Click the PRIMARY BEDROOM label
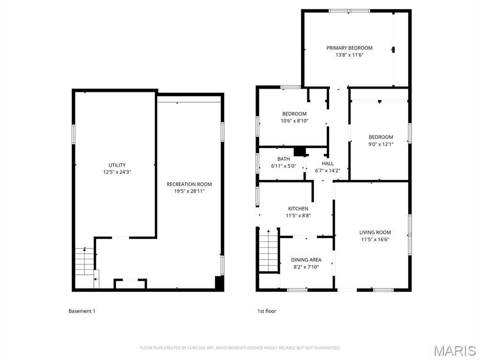point(349,48)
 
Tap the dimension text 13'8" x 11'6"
point(349,55)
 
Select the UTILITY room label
point(117,165)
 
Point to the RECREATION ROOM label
point(189,184)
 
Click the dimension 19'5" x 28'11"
point(189,191)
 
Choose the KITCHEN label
point(298,209)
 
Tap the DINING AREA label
point(306,260)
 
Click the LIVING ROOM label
point(375,232)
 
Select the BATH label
point(284,159)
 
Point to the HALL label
point(328,164)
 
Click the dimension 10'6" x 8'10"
point(294,121)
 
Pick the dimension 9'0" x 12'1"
point(380,144)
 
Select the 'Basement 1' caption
point(82,311)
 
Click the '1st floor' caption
point(267,311)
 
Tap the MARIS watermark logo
point(454,351)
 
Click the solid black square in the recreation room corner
point(219,283)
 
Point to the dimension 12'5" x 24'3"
point(117,172)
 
